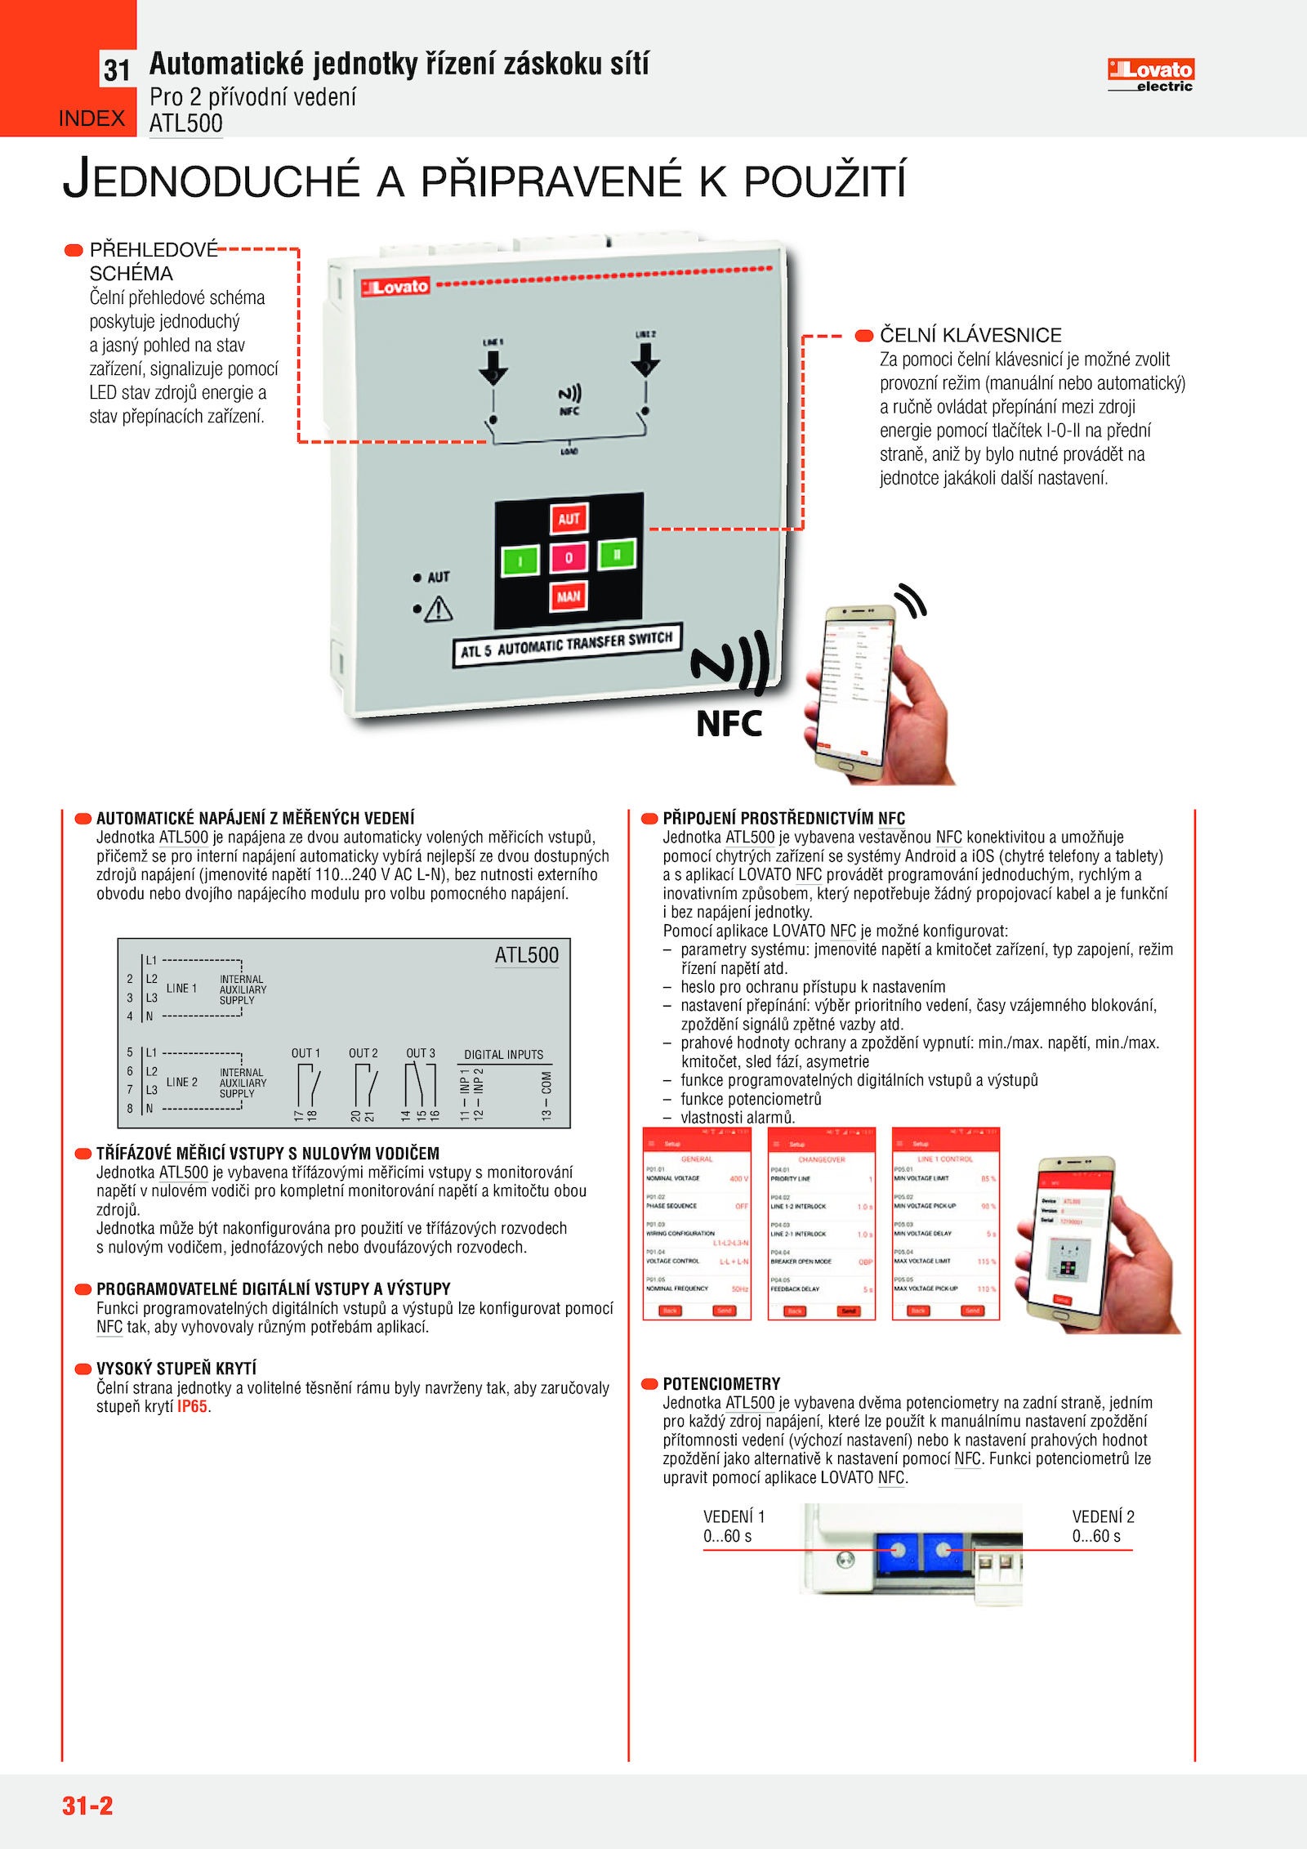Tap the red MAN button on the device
(569, 596)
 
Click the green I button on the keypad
(520, 561)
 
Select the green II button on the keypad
(617, 555)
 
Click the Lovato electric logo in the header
(1150, 75)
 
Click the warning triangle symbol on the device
(439, 609)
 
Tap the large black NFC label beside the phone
(729, 724)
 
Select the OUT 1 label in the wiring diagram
(306, 1053)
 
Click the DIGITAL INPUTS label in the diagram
(503, 1055)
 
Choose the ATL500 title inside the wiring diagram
(527, 955)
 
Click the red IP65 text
(193, 1407)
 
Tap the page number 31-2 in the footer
(87, 1806)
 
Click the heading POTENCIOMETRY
(721, 1384)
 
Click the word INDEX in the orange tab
(91, 119)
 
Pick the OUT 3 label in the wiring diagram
(421, 1053)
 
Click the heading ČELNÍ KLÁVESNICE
(970, 335)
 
